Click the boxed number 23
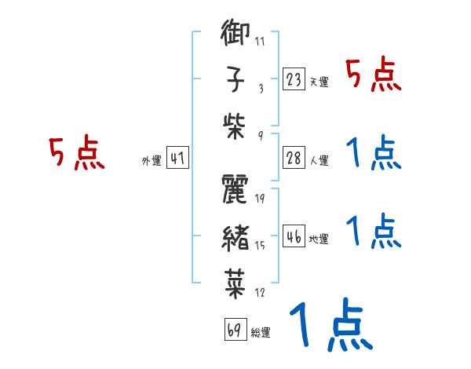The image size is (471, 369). tap(293, 79)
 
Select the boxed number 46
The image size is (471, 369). tap(293, 236)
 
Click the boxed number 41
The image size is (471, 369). tap(177, 159)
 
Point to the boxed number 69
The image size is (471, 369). tap(233, 330)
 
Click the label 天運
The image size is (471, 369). tap(319, 82)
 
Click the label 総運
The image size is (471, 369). tap(260, 333)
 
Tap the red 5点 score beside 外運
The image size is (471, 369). tap(76, 154)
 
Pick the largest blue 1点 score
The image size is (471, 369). tap(330, 323)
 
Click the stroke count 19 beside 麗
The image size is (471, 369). tap(260, 199)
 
